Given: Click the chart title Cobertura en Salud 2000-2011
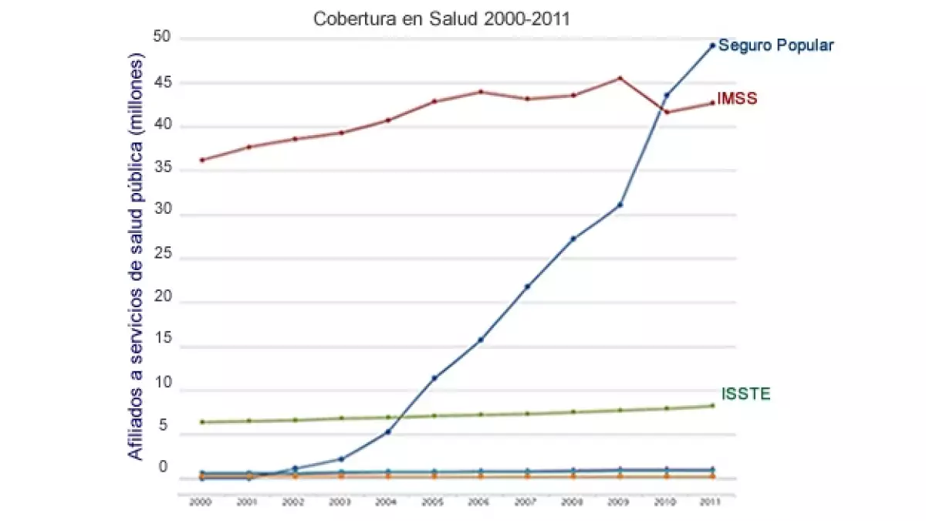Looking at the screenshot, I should [441, 19].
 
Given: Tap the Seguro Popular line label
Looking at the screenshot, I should [776, 46].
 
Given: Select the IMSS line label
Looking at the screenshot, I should [737, 99].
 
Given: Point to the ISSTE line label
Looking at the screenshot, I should [745, 394].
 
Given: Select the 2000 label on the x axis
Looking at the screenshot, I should [201, 502].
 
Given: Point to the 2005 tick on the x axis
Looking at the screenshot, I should [434, 502].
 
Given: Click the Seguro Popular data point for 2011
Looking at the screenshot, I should [713, 46].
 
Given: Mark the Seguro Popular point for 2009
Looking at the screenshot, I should [620, 205].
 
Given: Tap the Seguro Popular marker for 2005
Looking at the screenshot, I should [434, 377].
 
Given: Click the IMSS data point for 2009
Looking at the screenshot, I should [620, 78].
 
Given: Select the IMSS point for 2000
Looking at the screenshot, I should [201, 160].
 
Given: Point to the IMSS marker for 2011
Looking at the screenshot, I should [713, 103].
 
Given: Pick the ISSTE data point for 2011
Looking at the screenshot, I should [713, 405].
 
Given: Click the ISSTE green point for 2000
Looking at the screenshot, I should [201, 421].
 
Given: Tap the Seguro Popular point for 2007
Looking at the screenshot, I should [527, 286].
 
